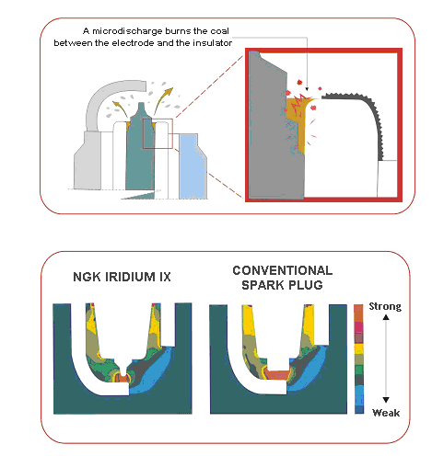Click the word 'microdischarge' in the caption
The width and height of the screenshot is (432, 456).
[127, 31]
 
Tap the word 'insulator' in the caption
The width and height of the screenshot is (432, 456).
[212, 43]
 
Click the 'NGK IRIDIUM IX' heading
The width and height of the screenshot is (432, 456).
[122, 277]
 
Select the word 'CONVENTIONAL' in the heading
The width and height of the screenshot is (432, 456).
[283, 270]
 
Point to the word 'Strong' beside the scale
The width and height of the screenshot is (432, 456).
[385, 307]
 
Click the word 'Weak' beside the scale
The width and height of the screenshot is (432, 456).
[386, 413]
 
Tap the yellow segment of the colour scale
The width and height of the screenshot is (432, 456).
[359, 348]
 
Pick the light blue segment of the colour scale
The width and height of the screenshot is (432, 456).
[359, 395]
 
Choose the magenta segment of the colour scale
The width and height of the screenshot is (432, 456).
[359, 327]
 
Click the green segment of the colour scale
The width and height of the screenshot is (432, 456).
[359, 370]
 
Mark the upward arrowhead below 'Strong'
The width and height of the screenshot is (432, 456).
[386, 317]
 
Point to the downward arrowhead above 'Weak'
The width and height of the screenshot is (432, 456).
[386, 400]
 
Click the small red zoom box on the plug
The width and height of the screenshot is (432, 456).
[143, 133]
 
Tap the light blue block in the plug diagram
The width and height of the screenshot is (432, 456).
[192, 167]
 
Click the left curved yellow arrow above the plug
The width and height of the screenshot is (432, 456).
[121, 109]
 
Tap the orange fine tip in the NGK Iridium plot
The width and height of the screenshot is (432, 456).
[123, 378]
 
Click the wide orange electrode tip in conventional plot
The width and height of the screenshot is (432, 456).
[278, 374]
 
